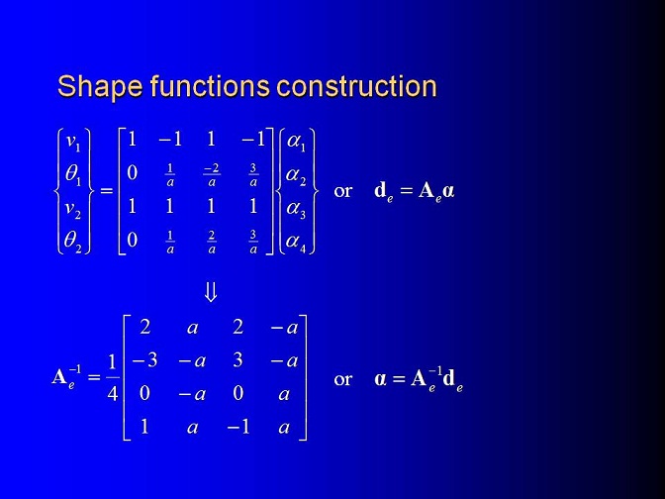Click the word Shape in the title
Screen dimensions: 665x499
coord(100,86)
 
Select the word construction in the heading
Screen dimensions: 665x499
coord(356,86)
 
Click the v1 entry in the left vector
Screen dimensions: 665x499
coord(73,142)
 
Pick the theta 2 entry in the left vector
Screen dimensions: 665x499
coord(72,242)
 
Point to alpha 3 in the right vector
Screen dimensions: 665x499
coord(296,209)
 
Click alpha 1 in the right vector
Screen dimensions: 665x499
coord(296,142)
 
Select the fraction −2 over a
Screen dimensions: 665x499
coord(212,175)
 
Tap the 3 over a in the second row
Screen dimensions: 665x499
coord(253,175)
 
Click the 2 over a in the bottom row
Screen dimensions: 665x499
coord(212,243)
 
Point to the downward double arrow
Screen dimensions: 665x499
coord(211,292)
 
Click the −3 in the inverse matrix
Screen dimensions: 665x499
coord(144,360)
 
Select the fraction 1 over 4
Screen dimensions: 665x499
coord(112,377)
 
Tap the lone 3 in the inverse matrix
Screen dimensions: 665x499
coord(237,360)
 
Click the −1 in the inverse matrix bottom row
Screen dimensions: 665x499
coord(237,427)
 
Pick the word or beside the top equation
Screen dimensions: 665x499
coord(342,191)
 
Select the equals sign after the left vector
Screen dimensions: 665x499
coord(107,191)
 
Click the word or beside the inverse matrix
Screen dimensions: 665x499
coord(342,379)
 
